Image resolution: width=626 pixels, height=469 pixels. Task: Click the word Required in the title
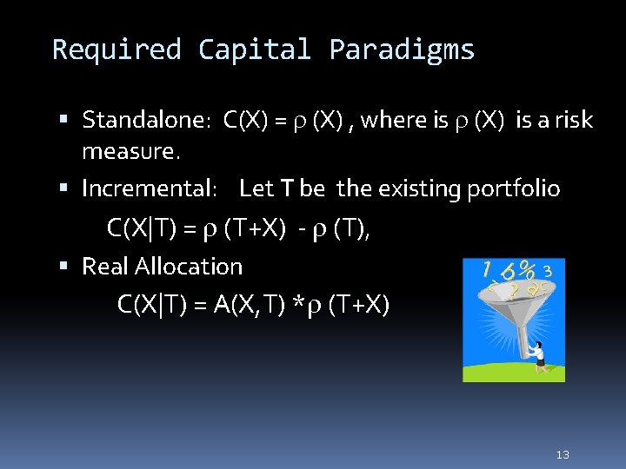[117, 50]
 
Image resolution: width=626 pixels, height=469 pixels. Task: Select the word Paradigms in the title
[402, 50]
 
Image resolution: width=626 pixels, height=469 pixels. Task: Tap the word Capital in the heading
[254, 50]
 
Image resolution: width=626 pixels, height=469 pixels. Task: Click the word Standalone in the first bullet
[144, 120]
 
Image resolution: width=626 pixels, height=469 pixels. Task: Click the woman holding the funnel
[538, 355]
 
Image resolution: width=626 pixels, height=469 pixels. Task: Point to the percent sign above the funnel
[527, 270]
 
